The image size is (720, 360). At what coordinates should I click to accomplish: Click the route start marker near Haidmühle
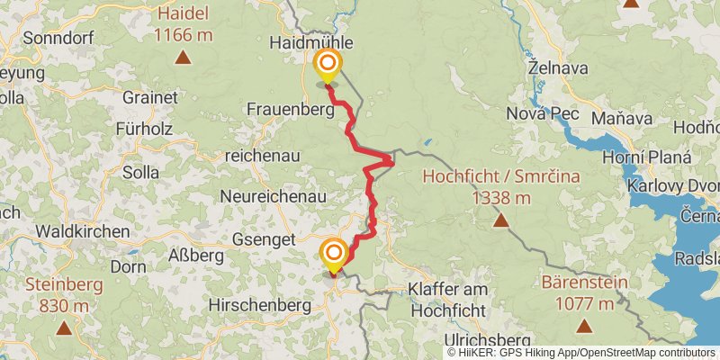[328, 64]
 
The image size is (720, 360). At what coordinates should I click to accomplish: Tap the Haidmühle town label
[311, 42]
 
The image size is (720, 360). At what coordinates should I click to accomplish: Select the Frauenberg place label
[291, 108]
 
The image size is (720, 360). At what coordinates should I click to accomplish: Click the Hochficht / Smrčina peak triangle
[499, 220]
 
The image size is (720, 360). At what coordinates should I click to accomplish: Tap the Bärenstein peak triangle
[583, 326]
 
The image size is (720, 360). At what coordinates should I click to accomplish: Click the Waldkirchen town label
[83, 231]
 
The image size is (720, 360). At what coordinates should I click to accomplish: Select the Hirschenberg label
[259, 305]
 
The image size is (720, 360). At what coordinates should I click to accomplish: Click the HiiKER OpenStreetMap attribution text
[582, 352]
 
